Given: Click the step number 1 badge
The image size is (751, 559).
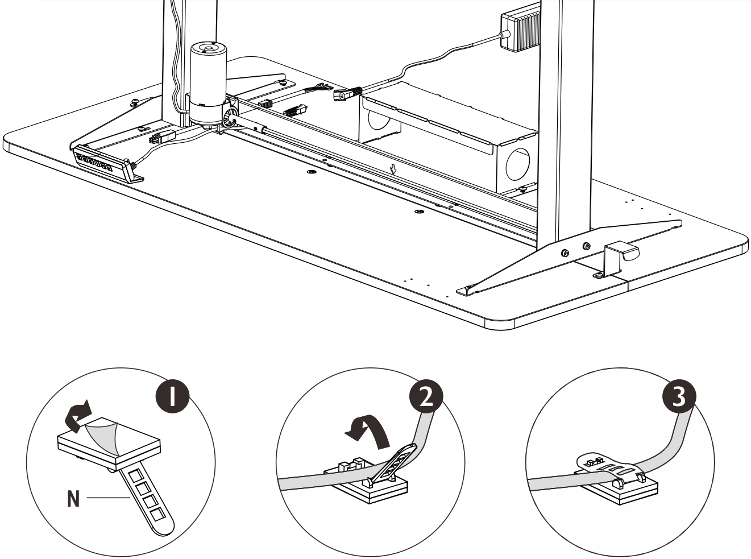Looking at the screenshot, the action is pyautogui.click(x=173, y=396).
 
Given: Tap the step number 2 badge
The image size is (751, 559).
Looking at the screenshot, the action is pyautogui.click(x=426, y=396).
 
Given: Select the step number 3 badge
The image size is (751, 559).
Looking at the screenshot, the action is pyautogui.click(x=679, y=396).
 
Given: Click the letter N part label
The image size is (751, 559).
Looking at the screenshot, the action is pyautogui.click(x=73, y=499).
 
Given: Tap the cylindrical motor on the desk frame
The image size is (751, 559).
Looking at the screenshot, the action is pyautogui.click(x=208, y=83).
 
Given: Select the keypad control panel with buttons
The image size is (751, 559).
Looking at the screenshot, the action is pyautogui.click(x=102, y=164).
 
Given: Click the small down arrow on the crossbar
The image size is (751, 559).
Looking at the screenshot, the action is pyautogui.click(x=393, y=169).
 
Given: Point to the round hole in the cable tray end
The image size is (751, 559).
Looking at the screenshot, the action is pyautogui.click(x=518, y=164).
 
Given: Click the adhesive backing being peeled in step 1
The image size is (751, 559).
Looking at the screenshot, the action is pyautogui.click(x=102, y=437).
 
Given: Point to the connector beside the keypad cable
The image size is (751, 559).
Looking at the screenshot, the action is pyautogui.click(x=162, y=137).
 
